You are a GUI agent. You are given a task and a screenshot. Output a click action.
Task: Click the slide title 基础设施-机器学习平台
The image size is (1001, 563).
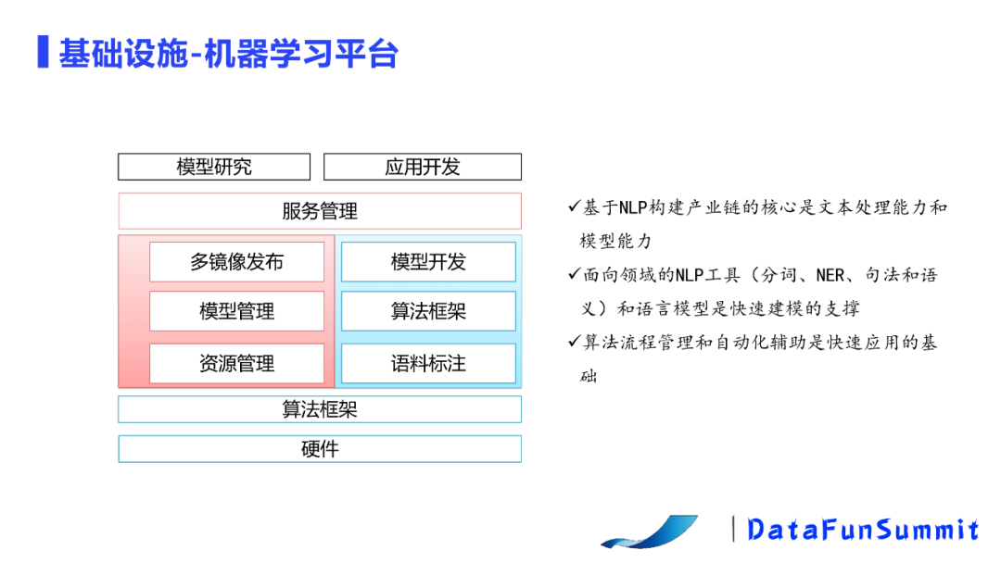(228, 54)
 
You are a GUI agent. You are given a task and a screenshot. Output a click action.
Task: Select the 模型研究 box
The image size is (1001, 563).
(214, 168)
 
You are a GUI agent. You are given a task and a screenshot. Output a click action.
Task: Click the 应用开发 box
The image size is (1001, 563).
(423, 168)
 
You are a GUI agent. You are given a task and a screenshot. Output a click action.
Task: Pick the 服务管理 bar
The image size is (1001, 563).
(320, 211)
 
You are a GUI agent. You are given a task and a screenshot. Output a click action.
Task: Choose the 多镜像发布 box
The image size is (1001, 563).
(236, 262)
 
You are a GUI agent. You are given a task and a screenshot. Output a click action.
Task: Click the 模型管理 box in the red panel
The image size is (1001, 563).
(236, 311)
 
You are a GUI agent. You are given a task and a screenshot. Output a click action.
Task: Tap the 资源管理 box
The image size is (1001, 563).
(236, 364)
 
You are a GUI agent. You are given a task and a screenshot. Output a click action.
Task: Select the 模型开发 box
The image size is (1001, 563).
(428, 262)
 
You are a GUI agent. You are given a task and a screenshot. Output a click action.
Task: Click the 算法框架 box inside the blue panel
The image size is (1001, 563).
(428, 311)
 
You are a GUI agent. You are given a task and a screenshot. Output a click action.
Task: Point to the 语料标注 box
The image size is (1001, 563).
(428, 364)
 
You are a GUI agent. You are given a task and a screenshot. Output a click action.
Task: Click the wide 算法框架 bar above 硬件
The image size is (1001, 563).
(320, 409)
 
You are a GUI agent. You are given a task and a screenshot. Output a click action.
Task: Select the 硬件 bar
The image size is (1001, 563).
(320, 449)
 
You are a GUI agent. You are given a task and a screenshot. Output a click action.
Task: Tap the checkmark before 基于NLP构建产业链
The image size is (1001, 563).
(575, 206)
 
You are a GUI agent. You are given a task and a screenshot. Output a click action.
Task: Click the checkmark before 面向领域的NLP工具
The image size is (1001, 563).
(575, 274)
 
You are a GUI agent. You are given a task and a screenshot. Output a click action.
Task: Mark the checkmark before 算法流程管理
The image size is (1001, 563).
(575, 342)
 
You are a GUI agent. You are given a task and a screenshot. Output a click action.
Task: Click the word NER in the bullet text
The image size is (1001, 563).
(831, 275)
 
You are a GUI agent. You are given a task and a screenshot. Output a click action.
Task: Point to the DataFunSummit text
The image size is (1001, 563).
(863, 530)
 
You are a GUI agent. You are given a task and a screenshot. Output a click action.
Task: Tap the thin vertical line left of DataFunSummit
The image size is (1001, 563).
(734, 529)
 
